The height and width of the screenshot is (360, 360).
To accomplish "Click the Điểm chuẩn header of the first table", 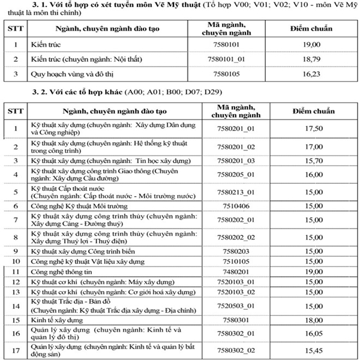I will tap(313, 29).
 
